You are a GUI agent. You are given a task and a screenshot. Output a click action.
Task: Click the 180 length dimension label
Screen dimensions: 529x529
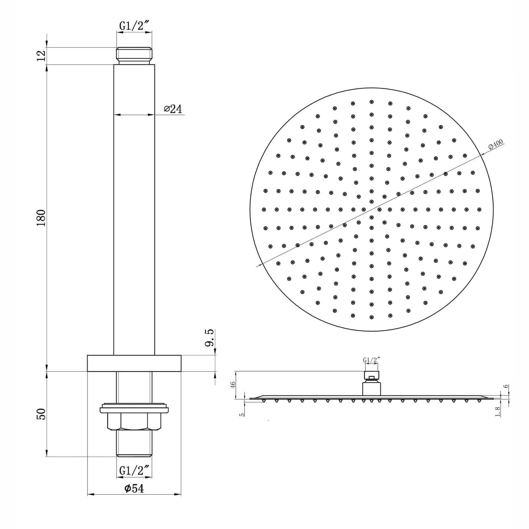point(41,218)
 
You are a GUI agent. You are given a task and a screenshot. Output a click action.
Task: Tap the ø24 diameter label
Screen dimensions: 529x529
point(173,109)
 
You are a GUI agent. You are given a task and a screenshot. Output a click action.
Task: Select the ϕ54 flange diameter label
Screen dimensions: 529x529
point(134,488)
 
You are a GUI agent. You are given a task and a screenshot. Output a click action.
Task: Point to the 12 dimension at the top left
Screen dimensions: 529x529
point(41,56)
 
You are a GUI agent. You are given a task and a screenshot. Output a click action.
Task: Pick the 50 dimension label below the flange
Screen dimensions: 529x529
point(41,414)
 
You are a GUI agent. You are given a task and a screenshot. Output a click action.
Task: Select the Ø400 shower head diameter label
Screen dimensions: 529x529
point(496,145)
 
